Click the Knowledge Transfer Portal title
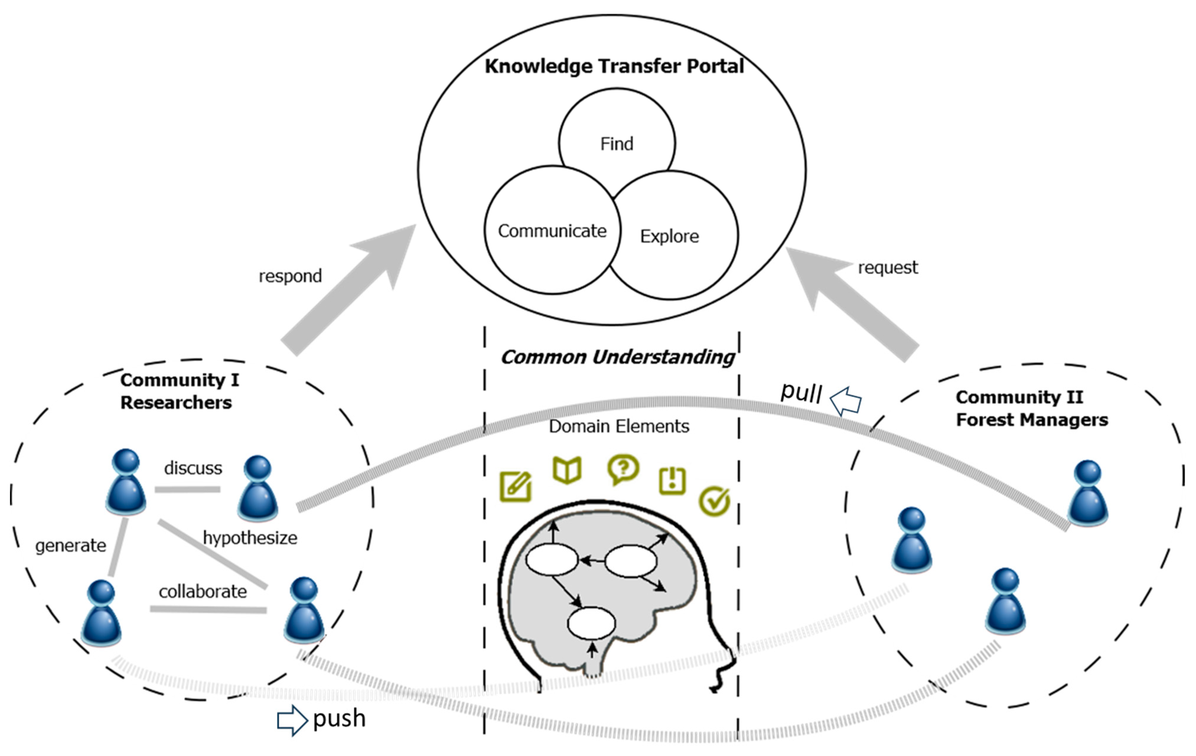(x=615, y=66)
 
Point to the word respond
(x=290, y=276)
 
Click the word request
(x=888, y=268)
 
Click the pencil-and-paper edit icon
(x=516, y=487)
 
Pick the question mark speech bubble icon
(x=623, y=469)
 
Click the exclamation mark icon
(x=672, y=480)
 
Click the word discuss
(x=193, y=468)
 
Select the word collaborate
(x=203, y=592)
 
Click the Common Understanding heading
(x=617, y=357)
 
